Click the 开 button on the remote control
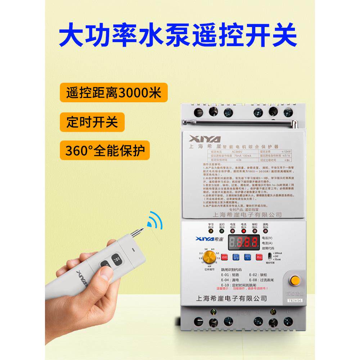(115, 258)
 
